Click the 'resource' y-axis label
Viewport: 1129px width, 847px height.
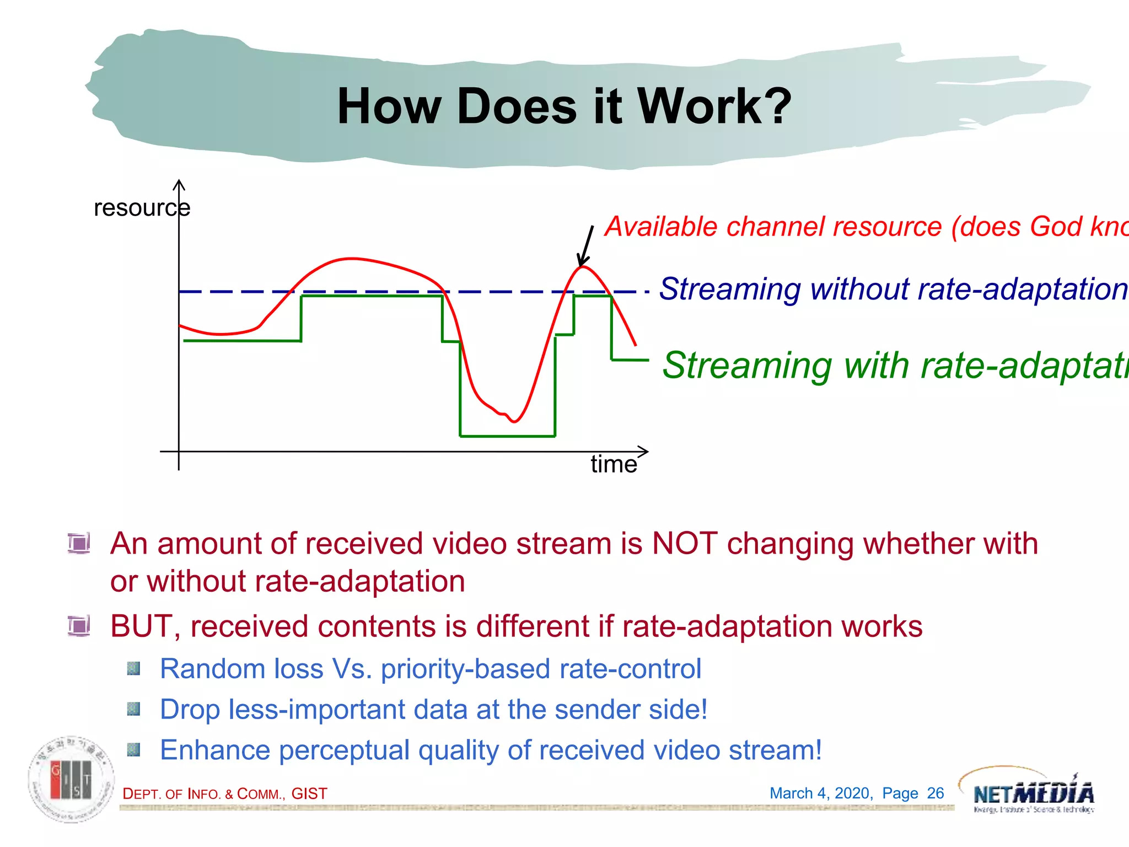[x=142, y=208]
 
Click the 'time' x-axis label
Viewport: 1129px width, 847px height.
[x=614, y=464]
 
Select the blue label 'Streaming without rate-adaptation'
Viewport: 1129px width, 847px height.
[x=893, y=289]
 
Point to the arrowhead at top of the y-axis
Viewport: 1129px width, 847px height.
[x=179, y=184]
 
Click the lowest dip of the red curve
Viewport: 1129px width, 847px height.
[x=514, y=422]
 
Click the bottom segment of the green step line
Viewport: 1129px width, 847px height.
[x=507, y=436]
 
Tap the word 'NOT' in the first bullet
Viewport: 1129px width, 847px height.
[x=684, y=544]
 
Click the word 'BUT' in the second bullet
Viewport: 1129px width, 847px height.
[x=141, y=626]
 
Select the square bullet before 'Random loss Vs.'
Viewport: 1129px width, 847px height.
[x=133, y=669]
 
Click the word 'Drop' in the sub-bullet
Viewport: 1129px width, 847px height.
[x=190, y=710]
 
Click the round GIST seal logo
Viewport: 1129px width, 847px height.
[x=72, y=779]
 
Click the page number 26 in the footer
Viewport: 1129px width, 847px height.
[x=935, y=793]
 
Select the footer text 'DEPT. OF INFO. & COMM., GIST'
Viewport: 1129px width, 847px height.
[x=225, y=794]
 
